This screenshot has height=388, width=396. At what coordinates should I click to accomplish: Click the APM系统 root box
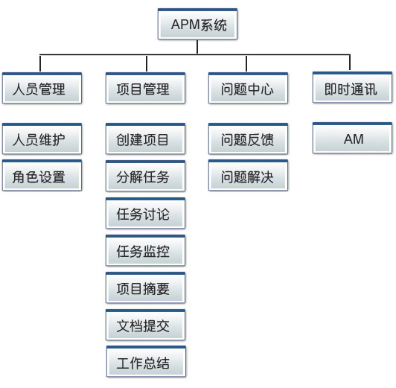point(197,24)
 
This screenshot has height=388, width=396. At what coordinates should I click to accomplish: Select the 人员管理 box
point(42,88)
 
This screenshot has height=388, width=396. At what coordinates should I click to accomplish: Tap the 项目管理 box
point(145,88)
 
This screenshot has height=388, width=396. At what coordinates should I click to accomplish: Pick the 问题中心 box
point(249,88)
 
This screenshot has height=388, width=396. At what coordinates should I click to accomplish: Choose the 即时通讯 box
point(352,87)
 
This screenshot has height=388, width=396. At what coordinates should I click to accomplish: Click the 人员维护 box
point(42,139)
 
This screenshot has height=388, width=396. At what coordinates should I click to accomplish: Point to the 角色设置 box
point(42,175)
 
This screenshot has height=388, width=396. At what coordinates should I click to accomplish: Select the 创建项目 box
point(145,139)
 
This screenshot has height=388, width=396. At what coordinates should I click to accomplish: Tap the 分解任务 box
point(145,176)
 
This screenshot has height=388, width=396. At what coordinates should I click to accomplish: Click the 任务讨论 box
point(145,214)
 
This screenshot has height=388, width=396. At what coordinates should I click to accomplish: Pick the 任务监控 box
point(145,250)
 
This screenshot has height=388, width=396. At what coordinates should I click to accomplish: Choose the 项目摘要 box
point(145,287)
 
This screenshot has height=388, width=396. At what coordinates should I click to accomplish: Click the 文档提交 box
point(145,325)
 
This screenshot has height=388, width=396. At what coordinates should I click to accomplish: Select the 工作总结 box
point(146,361)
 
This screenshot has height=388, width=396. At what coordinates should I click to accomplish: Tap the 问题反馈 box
point(249,139)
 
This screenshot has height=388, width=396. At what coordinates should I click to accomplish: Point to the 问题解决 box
point(249,175)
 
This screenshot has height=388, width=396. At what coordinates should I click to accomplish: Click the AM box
point(352,139)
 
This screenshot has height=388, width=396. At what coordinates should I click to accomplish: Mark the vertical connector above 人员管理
point(40,63)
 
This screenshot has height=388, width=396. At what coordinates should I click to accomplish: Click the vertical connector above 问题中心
point(246,63)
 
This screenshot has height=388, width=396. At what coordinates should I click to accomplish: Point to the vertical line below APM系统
point(197,47)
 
